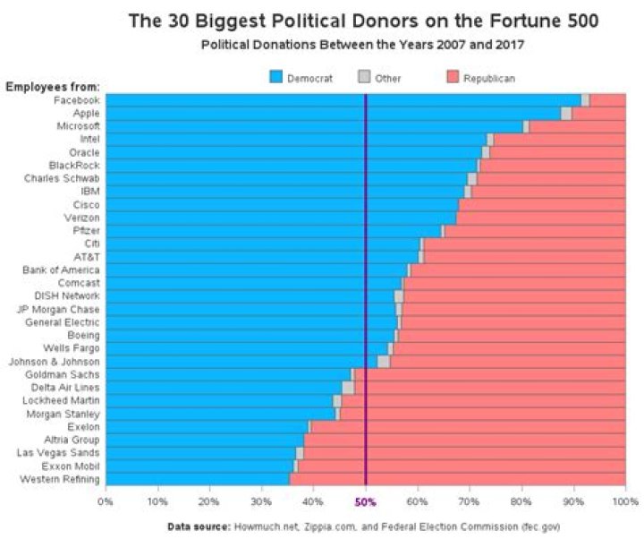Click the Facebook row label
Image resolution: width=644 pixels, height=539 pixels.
coord(76,100)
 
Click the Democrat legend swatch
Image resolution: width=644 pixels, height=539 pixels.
coord(276,79)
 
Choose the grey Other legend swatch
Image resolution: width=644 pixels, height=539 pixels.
coord(364,79)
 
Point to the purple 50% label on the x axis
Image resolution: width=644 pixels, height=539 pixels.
coord(366,500)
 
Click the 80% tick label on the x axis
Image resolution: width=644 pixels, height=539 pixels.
coord(521,500)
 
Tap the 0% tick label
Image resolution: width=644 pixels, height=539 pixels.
coord(106,500)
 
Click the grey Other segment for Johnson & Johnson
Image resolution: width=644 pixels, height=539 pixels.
coord(383,361)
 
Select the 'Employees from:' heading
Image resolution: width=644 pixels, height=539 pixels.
coord(53,87)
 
